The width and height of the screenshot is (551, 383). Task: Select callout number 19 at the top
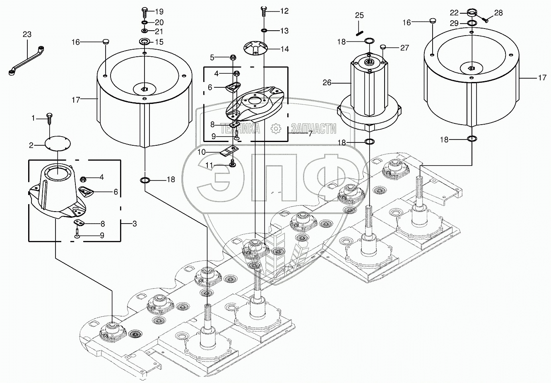pos(159,12)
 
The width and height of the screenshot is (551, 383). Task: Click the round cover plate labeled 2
pos(58,145)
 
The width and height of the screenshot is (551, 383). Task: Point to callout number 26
pos(327,83)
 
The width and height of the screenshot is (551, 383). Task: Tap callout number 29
pos(454,23)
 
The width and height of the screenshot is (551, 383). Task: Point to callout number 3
pos(135,224)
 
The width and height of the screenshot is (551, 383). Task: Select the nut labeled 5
pos(233,57)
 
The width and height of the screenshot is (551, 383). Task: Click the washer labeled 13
pos(264,31)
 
